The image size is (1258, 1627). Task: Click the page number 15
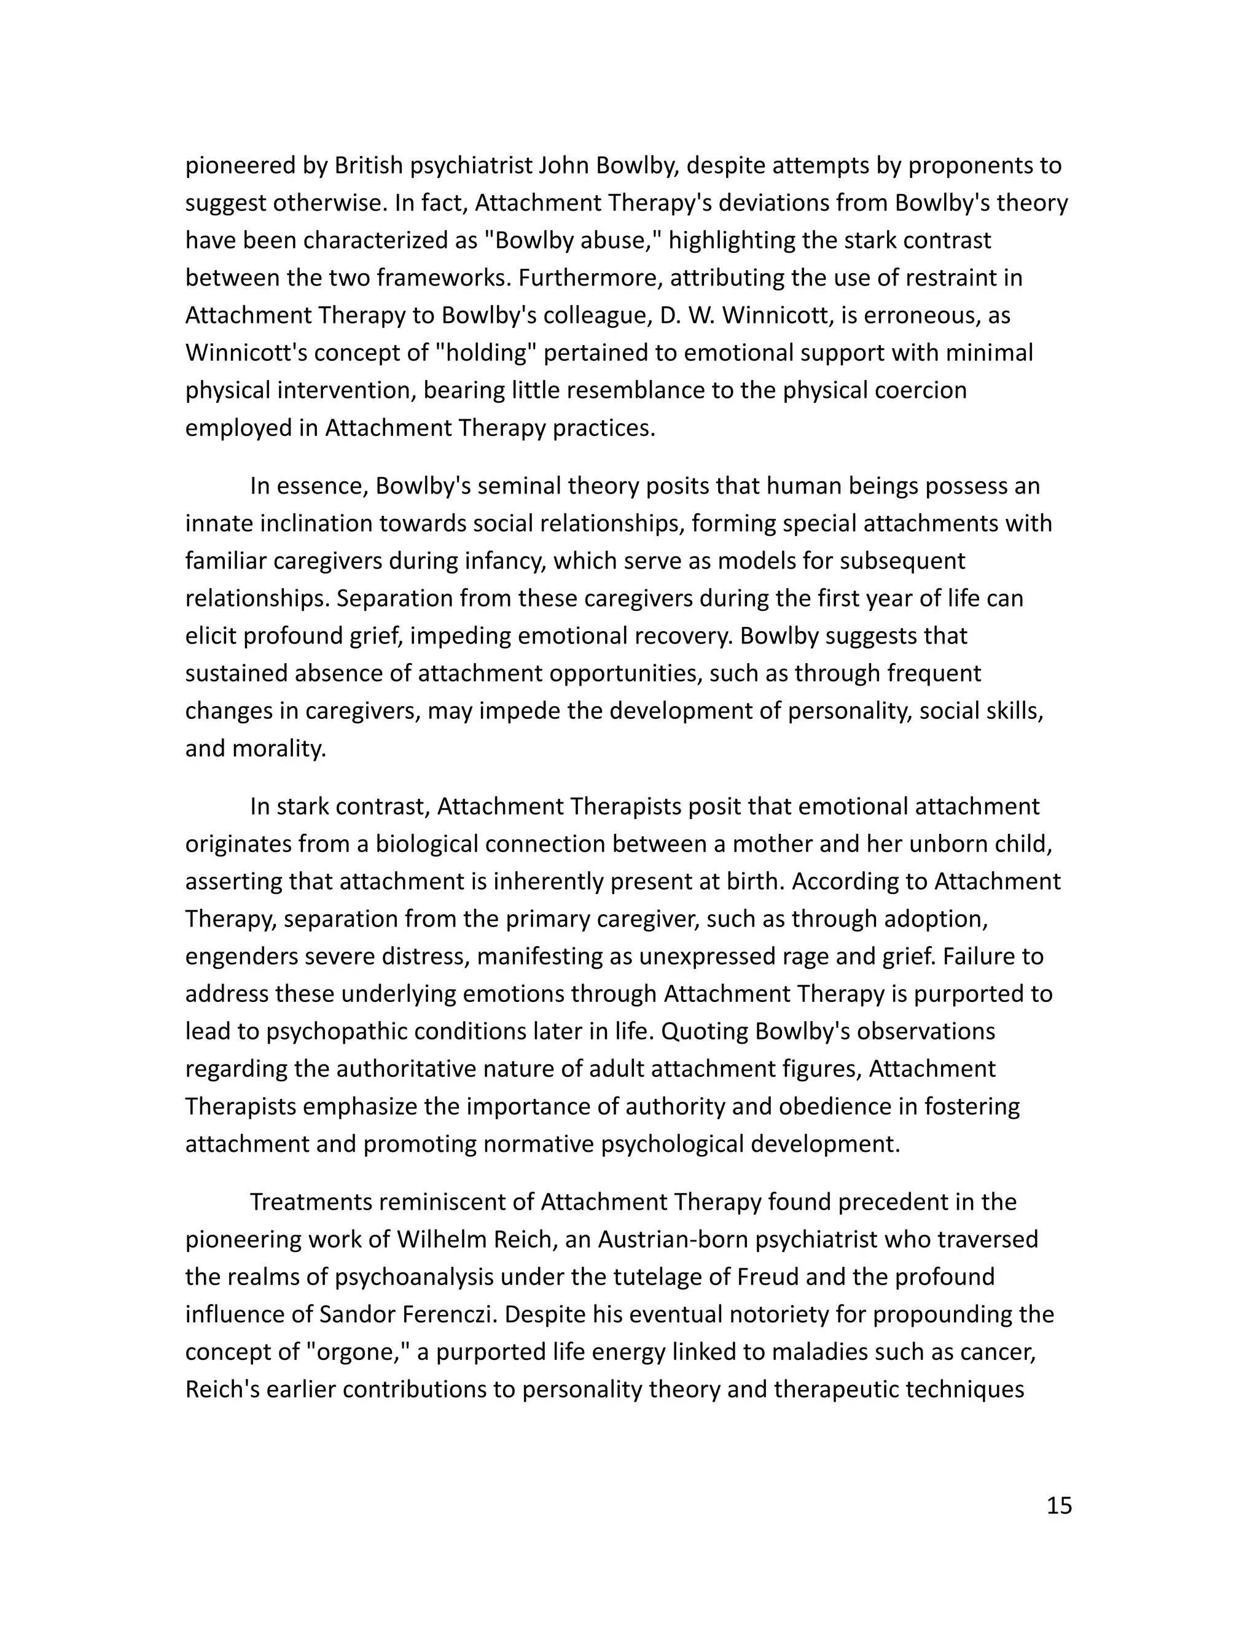pyautogui.click(x=1059, y=1505)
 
